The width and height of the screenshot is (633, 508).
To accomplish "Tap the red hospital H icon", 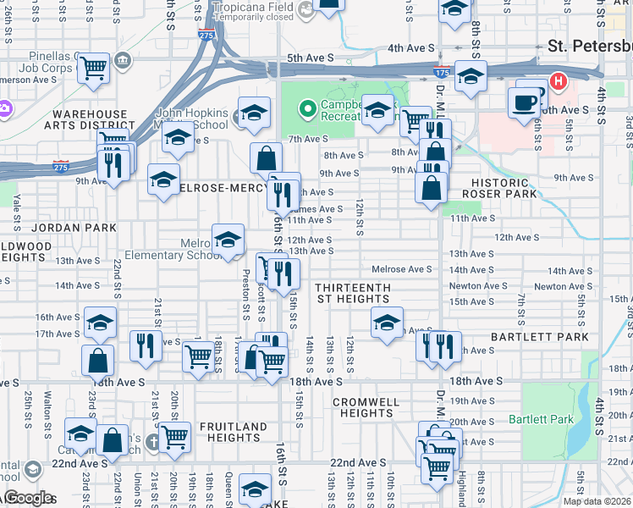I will pos(559,82).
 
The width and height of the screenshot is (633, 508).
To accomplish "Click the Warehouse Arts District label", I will pos(89,119).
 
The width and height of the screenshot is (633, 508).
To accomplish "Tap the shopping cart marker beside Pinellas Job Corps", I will pos(95,67).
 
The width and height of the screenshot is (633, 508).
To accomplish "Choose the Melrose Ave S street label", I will pos(402,269).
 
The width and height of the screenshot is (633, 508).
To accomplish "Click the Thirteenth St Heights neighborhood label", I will pos(353,293).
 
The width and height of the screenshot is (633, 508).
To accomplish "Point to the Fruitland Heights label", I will pos(229,432).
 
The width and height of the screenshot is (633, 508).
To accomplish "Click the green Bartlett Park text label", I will pos(542,419).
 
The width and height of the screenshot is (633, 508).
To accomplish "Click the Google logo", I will pos(28,498).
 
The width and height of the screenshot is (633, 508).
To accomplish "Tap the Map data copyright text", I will pos(597,501).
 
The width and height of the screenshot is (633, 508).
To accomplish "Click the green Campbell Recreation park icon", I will pos(306,108).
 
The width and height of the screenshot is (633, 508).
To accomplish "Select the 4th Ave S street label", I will pos(410,48).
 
